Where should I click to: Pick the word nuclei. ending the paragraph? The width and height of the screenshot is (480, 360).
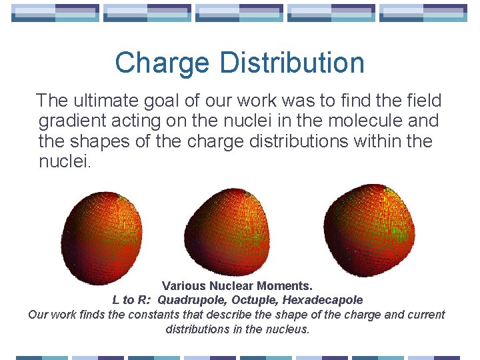click(x=64, y=161)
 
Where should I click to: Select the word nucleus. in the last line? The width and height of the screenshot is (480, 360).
click(x=288, y=329)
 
